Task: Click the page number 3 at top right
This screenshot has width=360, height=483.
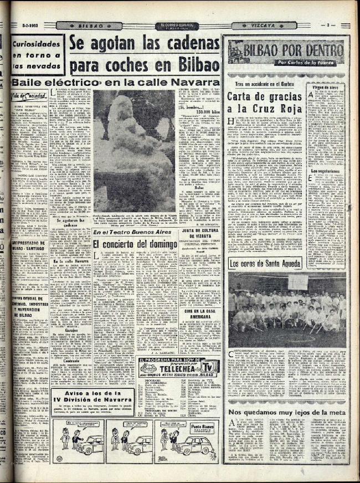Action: click(328, 25)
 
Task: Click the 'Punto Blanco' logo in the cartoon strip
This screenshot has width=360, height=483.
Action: click(203, 427)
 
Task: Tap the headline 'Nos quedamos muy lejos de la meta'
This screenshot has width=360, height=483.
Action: click(286, 413)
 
